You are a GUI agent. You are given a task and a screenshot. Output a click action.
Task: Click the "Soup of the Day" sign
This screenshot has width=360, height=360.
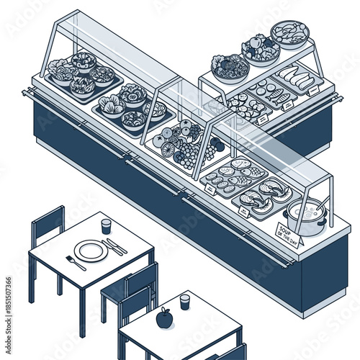tap(290, 234)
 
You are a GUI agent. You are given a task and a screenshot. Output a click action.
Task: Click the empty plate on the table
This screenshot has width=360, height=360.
tap(91, 251)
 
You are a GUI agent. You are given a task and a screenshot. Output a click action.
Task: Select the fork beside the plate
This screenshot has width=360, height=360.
tap(76, 263)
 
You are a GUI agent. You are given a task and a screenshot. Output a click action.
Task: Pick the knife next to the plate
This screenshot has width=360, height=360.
tap(113, 247)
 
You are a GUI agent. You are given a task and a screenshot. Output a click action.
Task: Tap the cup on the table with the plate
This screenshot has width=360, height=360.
tap(107, 227)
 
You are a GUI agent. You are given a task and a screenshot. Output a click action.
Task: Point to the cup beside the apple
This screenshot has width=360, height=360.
tap(185, 301)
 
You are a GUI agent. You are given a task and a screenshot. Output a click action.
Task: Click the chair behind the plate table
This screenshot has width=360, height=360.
tap(48, 227)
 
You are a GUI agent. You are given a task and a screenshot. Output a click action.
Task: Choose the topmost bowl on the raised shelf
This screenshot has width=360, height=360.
tap(289, 33)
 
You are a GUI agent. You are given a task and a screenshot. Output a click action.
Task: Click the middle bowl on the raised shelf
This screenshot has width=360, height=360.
tap(261, 50)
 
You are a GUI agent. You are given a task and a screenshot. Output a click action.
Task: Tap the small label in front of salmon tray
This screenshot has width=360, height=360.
tap(211, 189)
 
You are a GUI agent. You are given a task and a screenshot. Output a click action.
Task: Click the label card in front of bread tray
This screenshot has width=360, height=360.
tap(312, 91)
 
